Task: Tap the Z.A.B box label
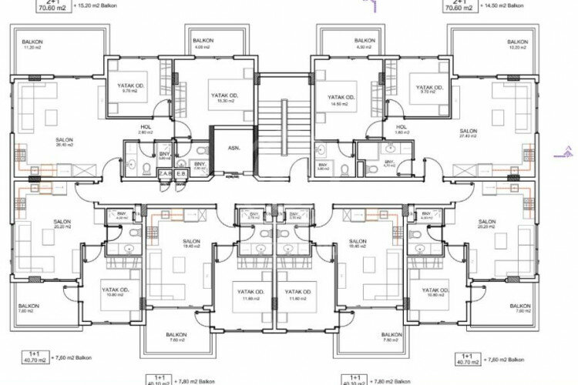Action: [163, 175]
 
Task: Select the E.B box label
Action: [181, 175]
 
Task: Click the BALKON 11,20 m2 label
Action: [32, 44]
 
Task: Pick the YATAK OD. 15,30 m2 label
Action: [225, 99]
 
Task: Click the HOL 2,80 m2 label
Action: [145, 129]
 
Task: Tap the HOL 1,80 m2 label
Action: [401, 129]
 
